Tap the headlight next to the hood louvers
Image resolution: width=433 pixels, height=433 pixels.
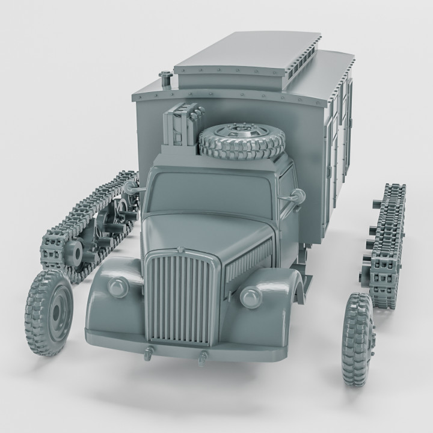(x=250, y=296)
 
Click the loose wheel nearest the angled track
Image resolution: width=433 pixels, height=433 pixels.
(x=49, y=312)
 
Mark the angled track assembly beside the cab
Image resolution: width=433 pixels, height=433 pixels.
(x=90, y=226)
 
